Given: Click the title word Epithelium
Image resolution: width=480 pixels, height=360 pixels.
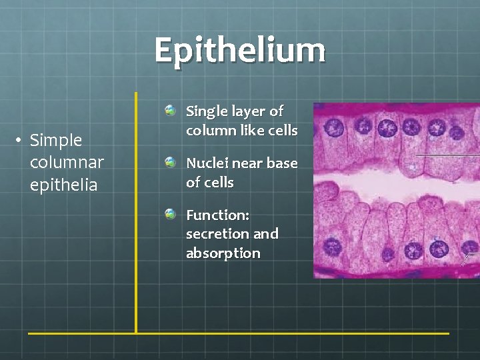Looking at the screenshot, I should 240,50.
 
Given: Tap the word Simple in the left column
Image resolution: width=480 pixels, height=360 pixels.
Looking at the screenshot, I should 56,140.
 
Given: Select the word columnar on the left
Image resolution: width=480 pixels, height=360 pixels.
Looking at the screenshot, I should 67,163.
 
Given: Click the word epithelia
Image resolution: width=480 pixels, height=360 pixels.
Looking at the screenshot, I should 63,185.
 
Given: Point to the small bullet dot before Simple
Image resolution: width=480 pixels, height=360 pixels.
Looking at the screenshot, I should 21,140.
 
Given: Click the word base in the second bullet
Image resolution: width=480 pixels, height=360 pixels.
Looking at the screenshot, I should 283,163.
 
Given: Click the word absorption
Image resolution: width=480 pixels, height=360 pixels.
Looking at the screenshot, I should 223,253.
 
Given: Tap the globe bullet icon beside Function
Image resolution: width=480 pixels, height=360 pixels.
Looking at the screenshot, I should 171,214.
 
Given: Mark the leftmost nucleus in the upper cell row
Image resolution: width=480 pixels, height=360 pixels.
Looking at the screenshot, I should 335,127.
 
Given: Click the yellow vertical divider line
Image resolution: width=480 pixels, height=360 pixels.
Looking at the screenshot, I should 136,213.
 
